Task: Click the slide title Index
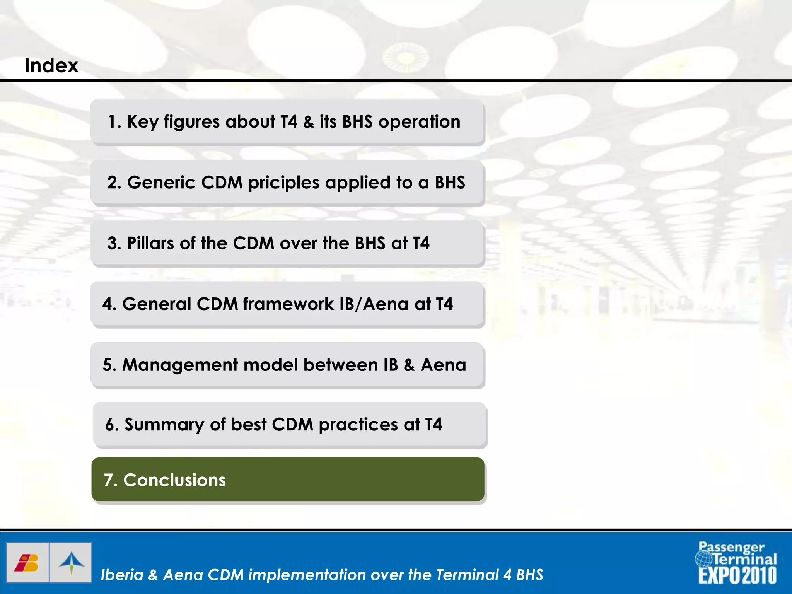point(51,65)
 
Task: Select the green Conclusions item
point(288,480)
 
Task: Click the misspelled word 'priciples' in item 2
point(283,183)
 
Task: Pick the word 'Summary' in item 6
point(164,425)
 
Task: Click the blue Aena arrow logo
point(71,563)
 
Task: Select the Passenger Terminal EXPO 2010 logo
point(737,563)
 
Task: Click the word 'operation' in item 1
point(419,122)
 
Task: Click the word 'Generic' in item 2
point(161,183)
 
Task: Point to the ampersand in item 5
point(409,365)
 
